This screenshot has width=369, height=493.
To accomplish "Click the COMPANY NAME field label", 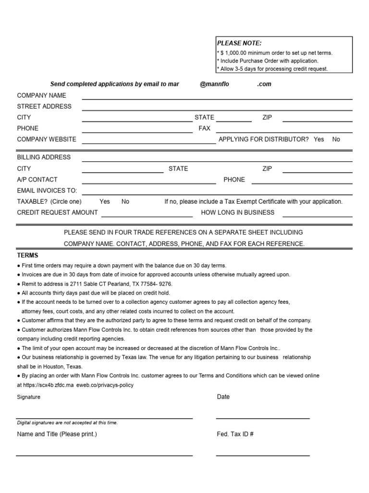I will coord(42,95).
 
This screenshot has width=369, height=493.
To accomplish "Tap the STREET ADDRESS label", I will coord(44,106).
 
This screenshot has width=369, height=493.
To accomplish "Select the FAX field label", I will coord(204,129).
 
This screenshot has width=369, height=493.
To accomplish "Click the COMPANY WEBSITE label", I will coord(47,139).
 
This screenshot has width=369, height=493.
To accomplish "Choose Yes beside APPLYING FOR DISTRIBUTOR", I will coord(319,139).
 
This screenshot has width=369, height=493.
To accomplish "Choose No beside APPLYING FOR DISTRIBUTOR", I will coord(336,139).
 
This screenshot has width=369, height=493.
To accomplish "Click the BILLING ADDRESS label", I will coord(44,157).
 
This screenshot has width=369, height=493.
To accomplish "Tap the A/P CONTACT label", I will coord(37,180).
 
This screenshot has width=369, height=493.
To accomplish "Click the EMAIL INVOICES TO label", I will coord(47,191).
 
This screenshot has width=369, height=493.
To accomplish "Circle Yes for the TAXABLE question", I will coord(105,202).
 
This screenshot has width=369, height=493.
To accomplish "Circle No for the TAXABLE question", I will coord(125,202).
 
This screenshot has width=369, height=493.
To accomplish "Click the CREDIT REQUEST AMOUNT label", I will coord(57,212).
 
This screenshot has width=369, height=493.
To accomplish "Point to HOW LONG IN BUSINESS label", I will coord(237,212).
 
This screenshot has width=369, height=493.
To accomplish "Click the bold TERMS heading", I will coord(28,255).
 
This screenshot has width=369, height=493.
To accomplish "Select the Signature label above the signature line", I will coord(29,397).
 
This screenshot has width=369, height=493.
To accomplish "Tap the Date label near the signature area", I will coord(223,397).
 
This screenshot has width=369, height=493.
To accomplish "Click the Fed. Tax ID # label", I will coord(235,434).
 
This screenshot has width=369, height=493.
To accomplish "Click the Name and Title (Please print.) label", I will coord(57,434).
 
